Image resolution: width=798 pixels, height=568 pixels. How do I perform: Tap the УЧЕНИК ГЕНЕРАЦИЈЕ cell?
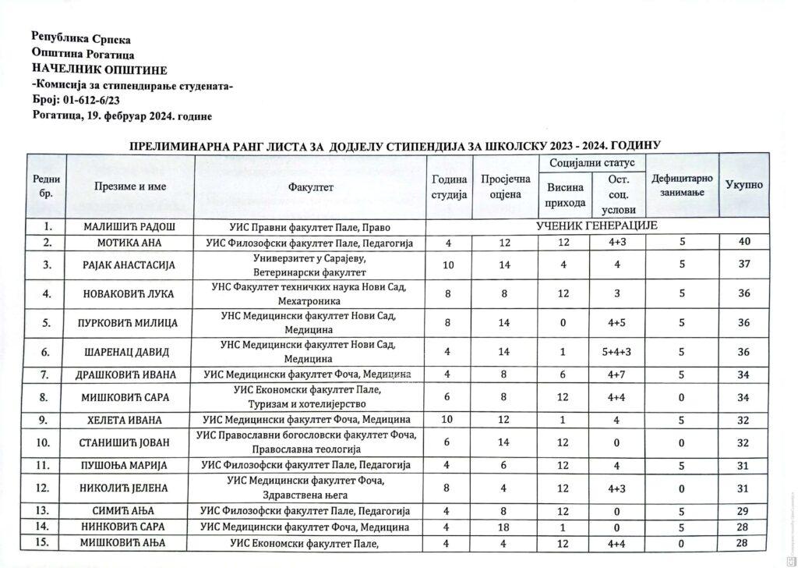[598, 226]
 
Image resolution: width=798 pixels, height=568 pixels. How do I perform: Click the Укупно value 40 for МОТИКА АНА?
[744, 243]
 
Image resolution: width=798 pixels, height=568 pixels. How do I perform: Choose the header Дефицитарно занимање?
[682, 186]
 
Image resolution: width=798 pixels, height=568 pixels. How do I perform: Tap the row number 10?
[48, 442]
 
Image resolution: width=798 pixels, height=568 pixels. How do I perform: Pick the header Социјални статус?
[592, 163]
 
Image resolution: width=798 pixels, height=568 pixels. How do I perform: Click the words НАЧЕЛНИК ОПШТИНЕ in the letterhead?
[83, 69]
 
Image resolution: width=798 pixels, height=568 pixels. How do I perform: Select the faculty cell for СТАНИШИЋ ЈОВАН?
[309, 442]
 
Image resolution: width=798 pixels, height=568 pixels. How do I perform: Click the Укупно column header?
[744, 186]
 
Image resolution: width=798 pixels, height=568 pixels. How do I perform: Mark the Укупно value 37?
[744, 265]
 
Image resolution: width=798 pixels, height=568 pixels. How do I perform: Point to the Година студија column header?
[449, 187]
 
